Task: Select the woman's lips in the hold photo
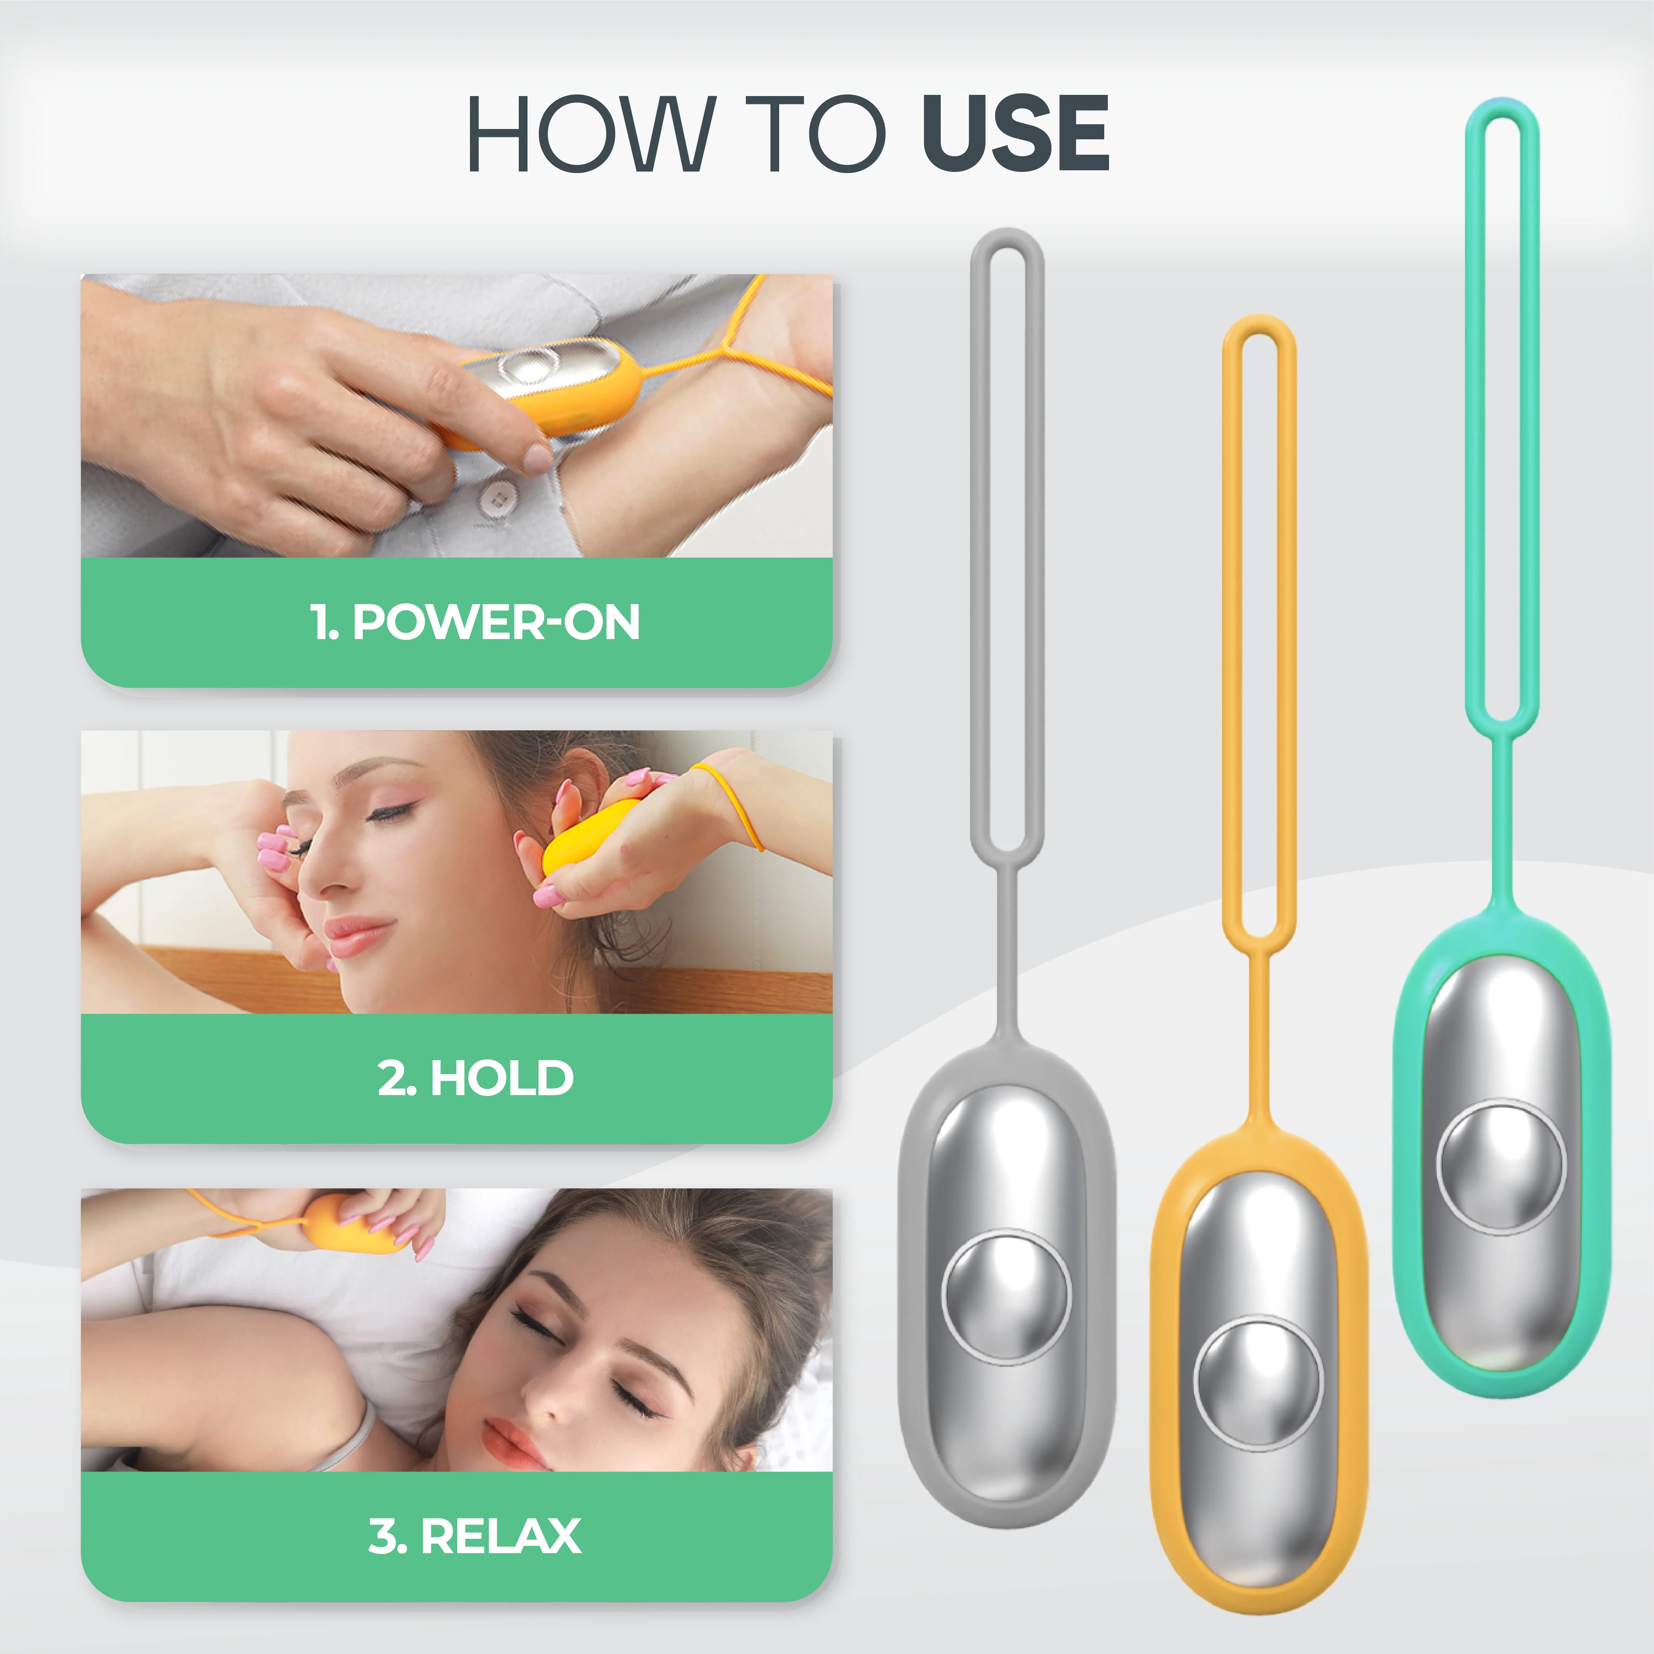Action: click(360, 935)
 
